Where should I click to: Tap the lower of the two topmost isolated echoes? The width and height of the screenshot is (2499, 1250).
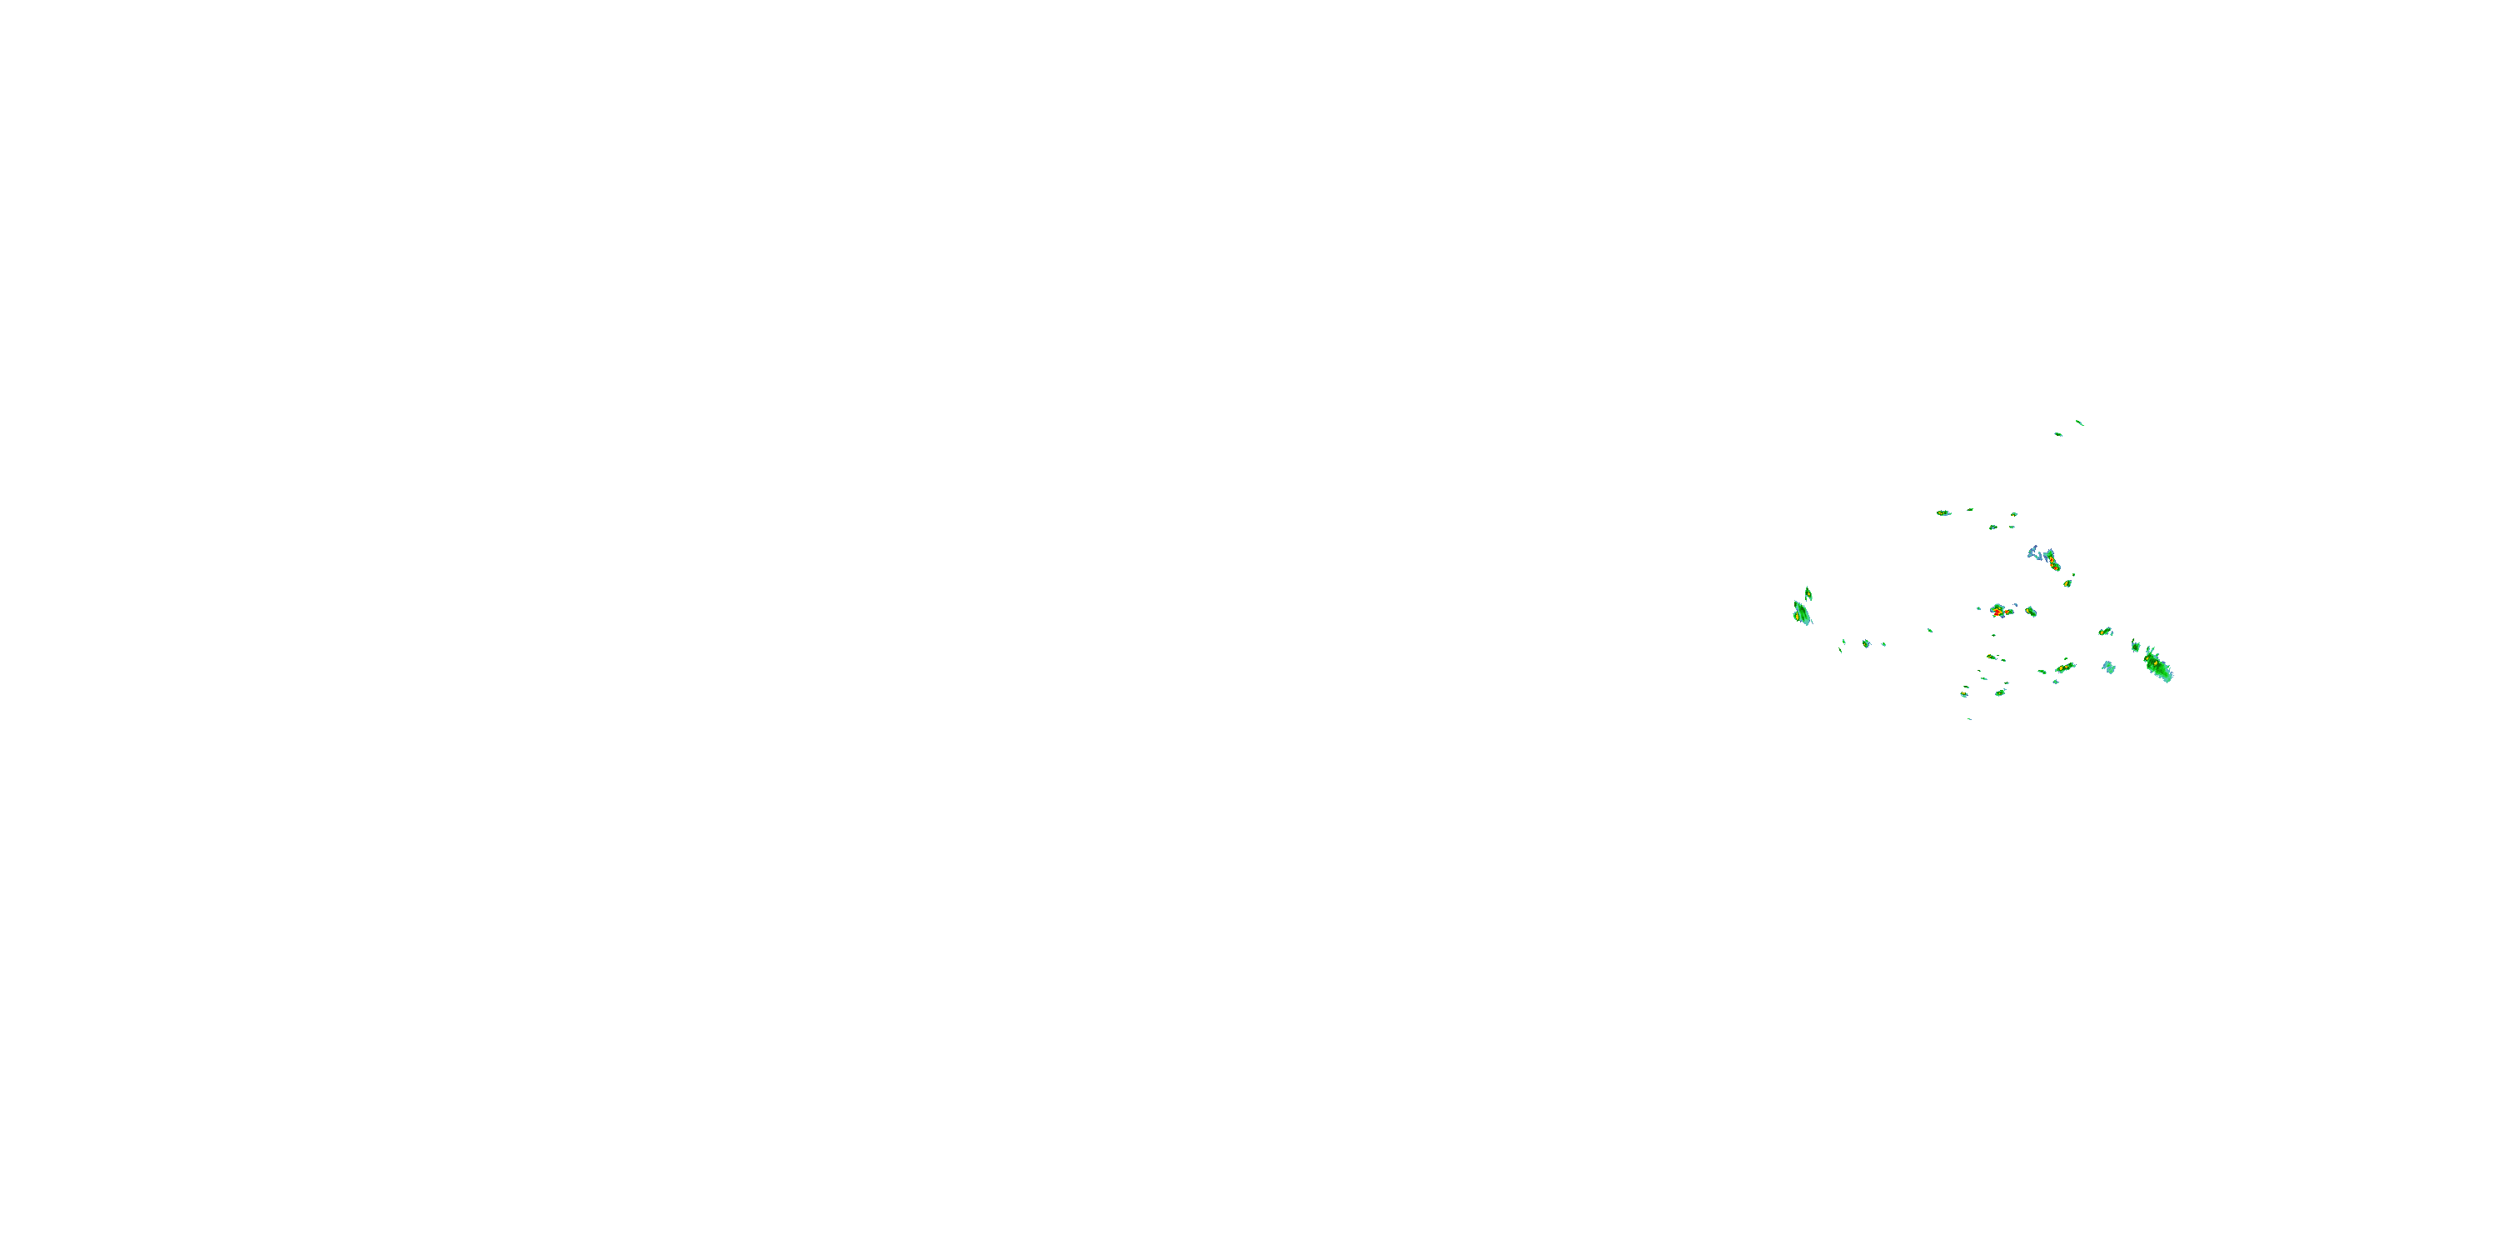(x=2058, y=434)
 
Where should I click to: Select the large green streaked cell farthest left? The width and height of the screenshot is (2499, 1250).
(x=1802, y=613)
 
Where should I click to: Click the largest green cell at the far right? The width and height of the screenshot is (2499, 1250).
(x=2157, y=665)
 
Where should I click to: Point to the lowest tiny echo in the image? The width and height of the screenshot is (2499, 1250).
(x=1969, y=719)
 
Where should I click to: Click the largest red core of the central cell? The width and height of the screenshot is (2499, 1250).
(x=1998, y=612)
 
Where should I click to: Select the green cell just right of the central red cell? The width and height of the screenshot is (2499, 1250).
(x=2031, y=612)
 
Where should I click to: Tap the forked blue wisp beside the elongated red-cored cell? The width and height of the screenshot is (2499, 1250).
(x=2034, y=553)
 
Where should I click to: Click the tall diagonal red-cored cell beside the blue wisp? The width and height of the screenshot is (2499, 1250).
(x=2052, y=561)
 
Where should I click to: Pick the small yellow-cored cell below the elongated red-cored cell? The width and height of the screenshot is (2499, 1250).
(x=2068, y=583)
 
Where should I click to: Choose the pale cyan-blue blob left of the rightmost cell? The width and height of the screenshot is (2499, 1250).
(x=2108, y=667)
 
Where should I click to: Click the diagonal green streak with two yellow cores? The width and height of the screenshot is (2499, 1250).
(x=2064, y=667)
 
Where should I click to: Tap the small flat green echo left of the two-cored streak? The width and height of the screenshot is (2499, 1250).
(x=2042, y=671)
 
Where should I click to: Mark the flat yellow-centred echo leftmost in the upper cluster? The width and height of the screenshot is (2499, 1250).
(x=1943, y=512)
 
